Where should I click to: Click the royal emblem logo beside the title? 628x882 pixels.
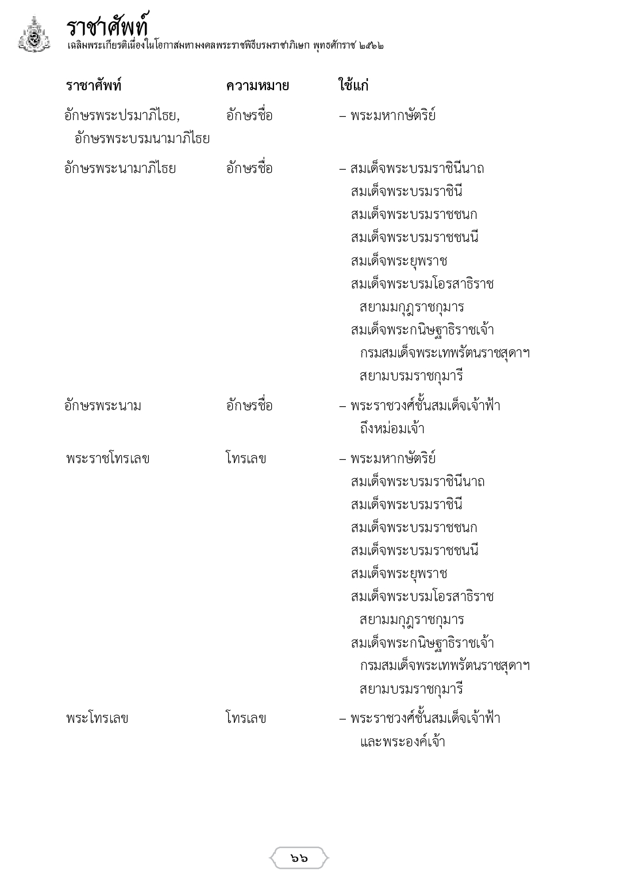pyautogui.click(x=34, y=35)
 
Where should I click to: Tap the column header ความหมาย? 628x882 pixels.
pyautogui.click(x=257, y=86)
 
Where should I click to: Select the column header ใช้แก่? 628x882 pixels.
pyautogui.click(x=353, y=86)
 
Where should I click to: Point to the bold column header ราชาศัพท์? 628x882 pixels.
pyautogui.click(x=94, y=86)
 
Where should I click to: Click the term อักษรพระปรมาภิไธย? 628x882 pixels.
pyautogui.click(x=122, y=115)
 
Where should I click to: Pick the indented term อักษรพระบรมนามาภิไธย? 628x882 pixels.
pyautogui.click(x=141, y=138)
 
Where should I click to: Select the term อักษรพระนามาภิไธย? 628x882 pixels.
pyautogui.click(x=120, y=168)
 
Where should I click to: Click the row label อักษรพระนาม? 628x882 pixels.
pyautogui.click(x=103, y=406)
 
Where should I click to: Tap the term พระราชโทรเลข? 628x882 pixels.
pyautogui.click(x=108, y=459)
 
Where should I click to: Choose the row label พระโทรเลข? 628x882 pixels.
pyautogui.click(x=97, y=718)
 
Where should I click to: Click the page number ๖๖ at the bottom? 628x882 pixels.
pyautogui.click(x=299, y=858)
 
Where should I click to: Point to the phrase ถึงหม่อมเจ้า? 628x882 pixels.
pyautogui.click(x=392, y=429)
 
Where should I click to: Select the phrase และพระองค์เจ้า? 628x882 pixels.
pyautogui.click(x=402, y=741)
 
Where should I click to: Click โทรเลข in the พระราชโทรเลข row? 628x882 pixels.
pyautogui.click(x=246, y=459)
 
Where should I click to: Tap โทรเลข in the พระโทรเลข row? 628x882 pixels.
pyautogui.click(x=246, y=718)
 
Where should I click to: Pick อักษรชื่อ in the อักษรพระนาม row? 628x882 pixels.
pyautogui.click(x=249, y=406)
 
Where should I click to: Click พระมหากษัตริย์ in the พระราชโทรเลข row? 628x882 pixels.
pyautogui.click(x=393, y=459)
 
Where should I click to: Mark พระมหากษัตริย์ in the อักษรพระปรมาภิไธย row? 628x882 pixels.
pyautogui.click(x=393, y=115)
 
